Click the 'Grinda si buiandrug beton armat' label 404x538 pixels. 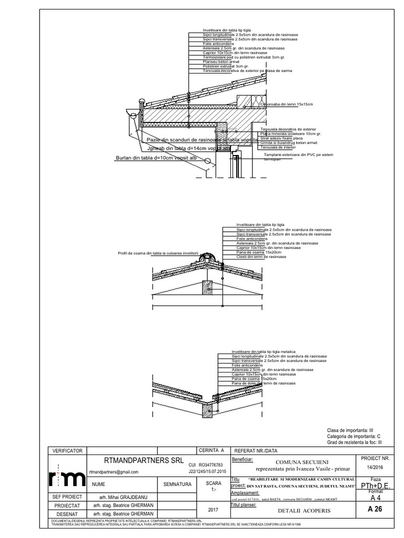[x=289, y=143]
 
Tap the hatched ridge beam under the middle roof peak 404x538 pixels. [x=209, y=287]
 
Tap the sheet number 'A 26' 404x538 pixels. [x=374, y=508]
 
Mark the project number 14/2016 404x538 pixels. [x=375, y=467]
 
